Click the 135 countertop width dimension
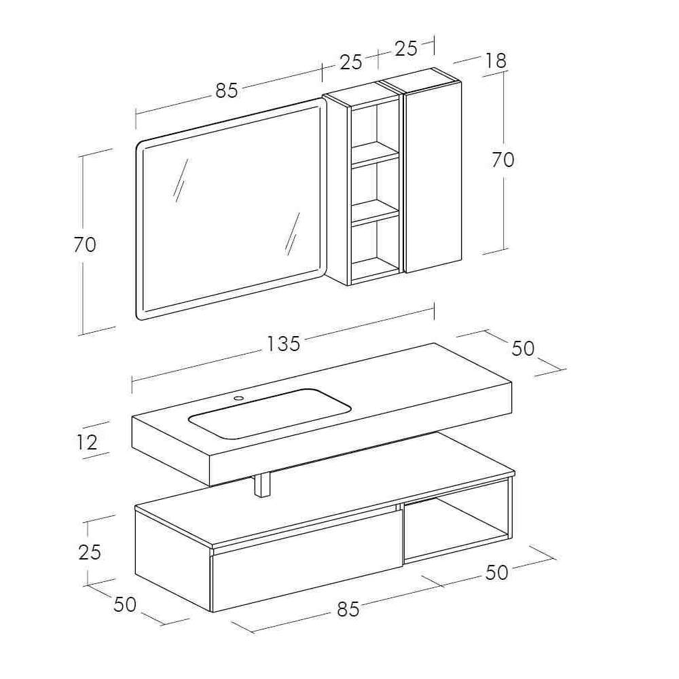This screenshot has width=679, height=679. point(282,344)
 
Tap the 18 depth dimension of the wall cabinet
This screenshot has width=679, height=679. point(496,60)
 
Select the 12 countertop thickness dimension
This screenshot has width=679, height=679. point(87,442)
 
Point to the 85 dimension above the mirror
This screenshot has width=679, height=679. point(227,91)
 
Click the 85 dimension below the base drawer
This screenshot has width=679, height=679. point(348,609)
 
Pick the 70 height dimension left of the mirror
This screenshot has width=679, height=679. point(85,245)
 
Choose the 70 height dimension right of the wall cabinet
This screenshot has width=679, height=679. point(502,160)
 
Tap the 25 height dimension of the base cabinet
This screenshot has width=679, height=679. point(90,552)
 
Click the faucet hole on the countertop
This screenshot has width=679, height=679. point(238,397)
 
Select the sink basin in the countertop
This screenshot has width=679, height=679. point(270,414)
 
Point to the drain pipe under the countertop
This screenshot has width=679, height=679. point(261,485)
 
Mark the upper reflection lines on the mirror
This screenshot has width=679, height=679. point(181,180)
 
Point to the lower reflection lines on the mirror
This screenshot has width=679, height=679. point(293,234)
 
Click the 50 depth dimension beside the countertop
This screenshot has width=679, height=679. point(523,348)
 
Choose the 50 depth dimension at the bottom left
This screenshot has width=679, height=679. point(125,604)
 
